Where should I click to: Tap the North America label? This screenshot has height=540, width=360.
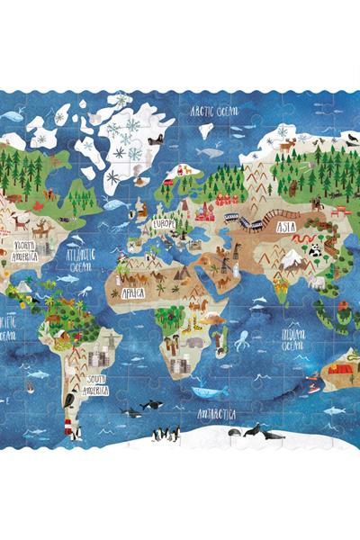24,249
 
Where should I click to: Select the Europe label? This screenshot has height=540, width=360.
163,223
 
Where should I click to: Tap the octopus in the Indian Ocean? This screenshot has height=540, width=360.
242,341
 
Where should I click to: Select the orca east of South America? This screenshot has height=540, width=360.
131,413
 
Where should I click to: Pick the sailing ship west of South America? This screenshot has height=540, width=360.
30,388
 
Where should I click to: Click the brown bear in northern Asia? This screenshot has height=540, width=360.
293,187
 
